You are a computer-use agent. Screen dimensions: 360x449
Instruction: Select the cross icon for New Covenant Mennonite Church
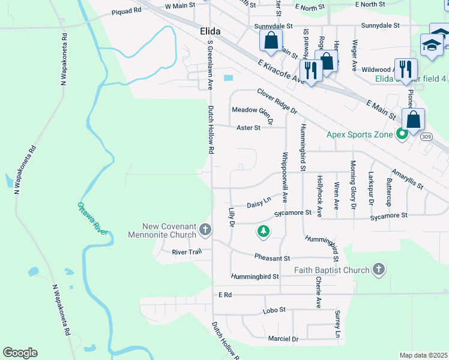205,230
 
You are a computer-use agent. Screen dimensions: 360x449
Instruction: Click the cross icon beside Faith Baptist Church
378,270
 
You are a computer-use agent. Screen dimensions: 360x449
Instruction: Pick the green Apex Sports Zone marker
402,134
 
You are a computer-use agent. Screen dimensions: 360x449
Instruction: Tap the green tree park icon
262,230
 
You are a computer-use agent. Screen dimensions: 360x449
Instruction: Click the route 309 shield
426,137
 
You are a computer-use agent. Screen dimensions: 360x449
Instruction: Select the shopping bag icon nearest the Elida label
271,41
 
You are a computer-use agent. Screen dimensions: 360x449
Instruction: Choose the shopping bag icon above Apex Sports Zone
414,119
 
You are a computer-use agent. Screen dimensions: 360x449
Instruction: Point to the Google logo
20,353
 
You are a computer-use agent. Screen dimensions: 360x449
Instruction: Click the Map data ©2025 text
423,355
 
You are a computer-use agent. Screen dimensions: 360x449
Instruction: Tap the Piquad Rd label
125,11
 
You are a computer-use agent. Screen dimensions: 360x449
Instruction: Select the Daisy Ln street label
259,203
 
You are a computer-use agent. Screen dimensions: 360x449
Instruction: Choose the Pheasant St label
272,258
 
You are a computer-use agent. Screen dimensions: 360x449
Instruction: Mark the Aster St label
248,128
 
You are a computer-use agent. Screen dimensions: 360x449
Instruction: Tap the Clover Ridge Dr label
277,101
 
